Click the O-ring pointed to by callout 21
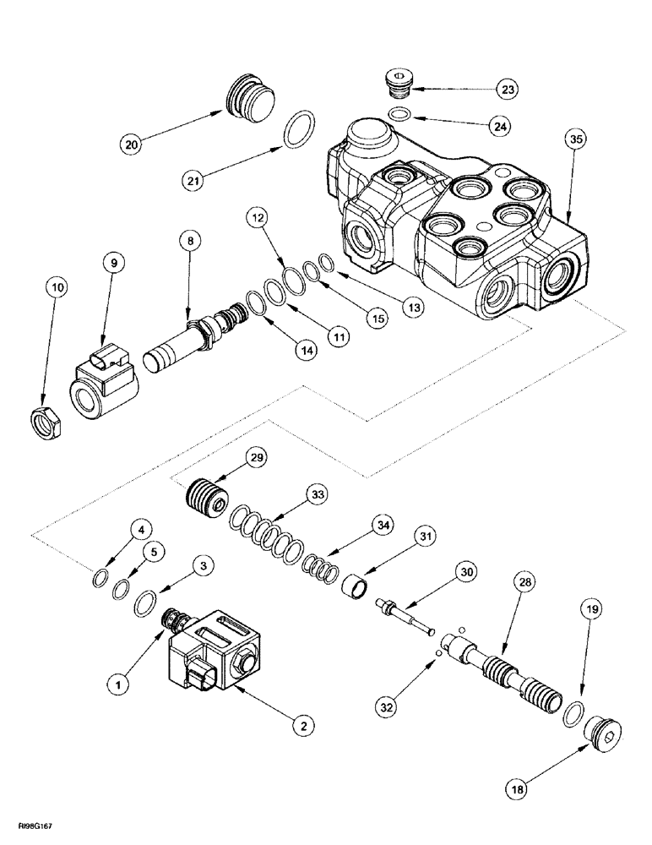[296, 130]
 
